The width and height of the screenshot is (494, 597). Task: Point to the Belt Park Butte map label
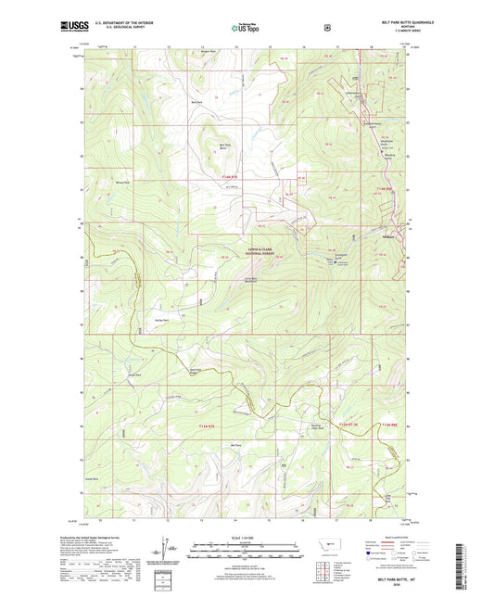click(225, 146)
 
